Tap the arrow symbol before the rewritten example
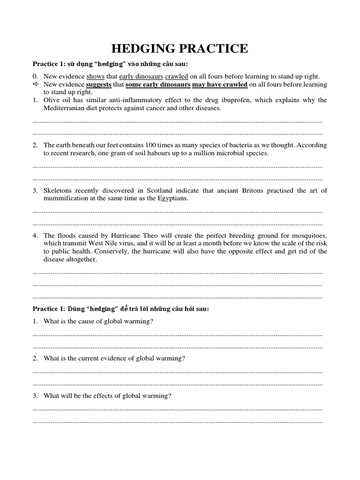coord(36,84)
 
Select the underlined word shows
coord(96,76)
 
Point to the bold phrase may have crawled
coord(220,84)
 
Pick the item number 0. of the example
coord(35,76)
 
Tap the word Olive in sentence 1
coord(52,100)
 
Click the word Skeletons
coord(59,190)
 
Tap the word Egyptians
coord(171,198)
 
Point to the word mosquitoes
coord(307,235)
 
